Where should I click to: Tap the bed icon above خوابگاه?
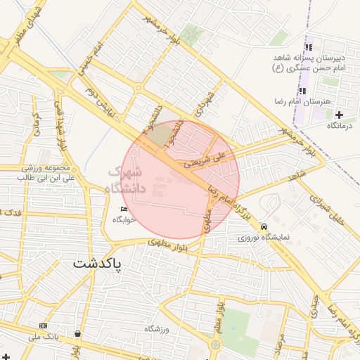coord(124,210)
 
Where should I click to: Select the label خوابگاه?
coord(124,220)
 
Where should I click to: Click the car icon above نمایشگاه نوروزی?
coord(263,227)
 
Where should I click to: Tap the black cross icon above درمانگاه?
coord(340,115)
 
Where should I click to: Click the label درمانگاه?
coord(339,125)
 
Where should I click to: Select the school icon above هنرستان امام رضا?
coord(303,91)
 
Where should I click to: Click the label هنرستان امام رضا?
coord(304,102)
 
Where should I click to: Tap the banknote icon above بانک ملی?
coord(44,326)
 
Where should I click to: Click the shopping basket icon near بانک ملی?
coord(77,334)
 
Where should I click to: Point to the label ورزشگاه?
coord(158,329)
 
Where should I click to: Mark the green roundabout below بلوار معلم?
coord(214,345)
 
